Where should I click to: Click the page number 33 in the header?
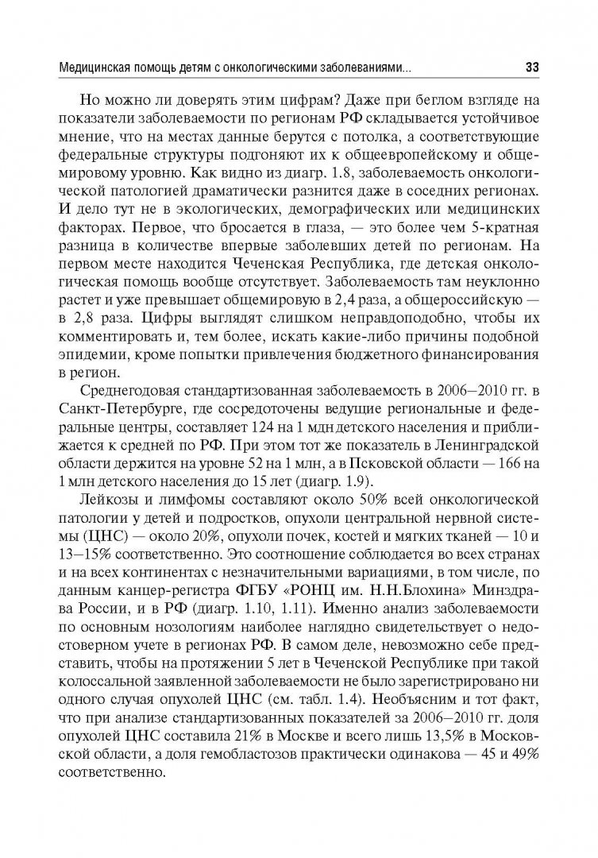pos(532,68)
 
